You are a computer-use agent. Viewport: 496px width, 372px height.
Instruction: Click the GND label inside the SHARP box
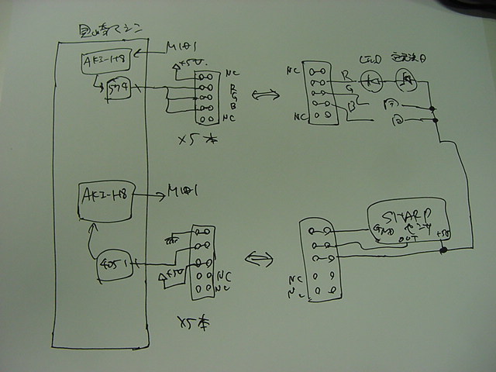click(x=384, y=229)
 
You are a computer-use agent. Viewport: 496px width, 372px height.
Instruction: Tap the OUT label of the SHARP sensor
click(x=408, y=239)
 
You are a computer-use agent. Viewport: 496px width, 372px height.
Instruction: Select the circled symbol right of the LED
click(x=403, y=77)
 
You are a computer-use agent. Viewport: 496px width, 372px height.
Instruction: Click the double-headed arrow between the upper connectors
click(x=265, y=95)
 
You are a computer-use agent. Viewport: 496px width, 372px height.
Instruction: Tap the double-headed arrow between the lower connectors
click(x=260, y=257)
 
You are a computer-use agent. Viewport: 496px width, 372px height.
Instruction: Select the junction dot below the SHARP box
click(x=443, y=250)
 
